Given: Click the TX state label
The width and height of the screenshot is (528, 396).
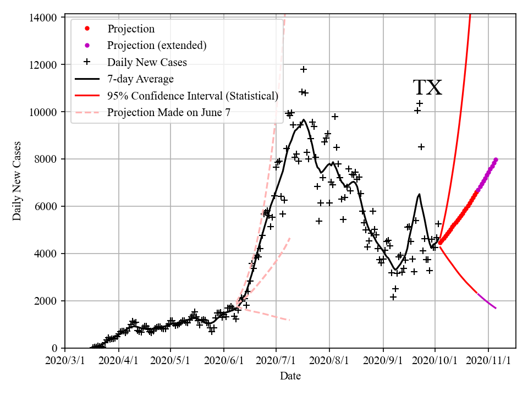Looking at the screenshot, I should point(427,88).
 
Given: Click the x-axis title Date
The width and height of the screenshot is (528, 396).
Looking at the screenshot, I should point(290,376).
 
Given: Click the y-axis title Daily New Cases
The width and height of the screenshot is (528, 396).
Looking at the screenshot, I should point(17,180).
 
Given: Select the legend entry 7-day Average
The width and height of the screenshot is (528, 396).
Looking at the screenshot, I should point(140,79).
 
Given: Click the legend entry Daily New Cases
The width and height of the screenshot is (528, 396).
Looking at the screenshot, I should point(147,62).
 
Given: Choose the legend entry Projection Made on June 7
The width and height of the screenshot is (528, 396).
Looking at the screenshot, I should point(169,113).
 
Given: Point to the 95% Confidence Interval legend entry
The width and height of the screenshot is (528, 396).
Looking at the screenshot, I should point(193,96).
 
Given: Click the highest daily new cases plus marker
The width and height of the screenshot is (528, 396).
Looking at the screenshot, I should point(304,69).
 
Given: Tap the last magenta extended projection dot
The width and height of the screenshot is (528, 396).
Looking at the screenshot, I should point(496,159).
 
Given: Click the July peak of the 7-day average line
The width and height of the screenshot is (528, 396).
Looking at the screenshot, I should point(304,119).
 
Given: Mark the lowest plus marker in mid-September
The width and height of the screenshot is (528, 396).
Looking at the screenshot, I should point(393,297).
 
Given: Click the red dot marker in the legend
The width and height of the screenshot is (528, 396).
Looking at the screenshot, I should point(86,29).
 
